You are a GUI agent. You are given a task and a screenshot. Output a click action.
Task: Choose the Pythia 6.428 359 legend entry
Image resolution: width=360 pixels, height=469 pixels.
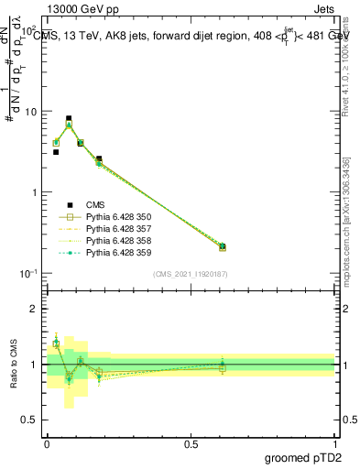coord(114,253)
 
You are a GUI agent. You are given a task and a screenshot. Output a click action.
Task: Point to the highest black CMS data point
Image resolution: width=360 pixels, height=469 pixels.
coord(69,118)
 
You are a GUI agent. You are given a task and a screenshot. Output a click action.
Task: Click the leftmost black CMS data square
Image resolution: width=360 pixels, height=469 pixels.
coord(56,152)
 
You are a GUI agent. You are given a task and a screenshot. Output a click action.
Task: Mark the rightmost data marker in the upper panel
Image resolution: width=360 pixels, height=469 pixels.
coord(223,246)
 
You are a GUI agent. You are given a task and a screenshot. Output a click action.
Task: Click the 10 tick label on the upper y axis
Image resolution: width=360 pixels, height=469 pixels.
coord(30,112)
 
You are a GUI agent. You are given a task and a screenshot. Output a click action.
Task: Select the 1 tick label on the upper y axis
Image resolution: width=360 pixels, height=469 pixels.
coord(34,192)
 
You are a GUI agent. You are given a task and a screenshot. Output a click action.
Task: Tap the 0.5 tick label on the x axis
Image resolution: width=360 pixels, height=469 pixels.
coord(191,444)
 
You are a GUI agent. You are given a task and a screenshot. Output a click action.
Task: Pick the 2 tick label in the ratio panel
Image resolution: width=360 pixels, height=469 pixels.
coord(35,309)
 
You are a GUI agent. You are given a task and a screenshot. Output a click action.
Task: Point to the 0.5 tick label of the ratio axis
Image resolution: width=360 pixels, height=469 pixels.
coord(31,420)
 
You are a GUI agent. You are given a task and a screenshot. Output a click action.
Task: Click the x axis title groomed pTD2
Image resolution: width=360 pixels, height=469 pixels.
coord(304,458)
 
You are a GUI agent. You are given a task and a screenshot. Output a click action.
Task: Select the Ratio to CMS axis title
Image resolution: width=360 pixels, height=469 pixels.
coord(13,365)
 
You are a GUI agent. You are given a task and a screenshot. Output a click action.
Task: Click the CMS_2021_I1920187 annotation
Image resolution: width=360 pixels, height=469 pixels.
coord(191,274)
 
